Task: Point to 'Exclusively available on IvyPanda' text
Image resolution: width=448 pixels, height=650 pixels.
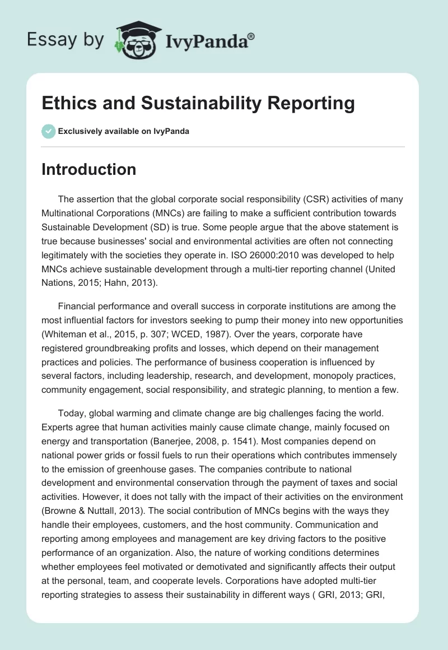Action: [x=124, y=131]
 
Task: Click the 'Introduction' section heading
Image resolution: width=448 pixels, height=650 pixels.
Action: [x=88, y=169]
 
